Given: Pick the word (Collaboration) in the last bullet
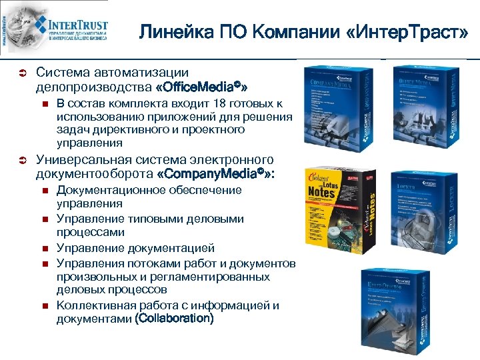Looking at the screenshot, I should [174, 319].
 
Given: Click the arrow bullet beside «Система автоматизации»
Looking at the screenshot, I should [21, 73].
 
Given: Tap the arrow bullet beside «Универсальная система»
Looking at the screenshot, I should [21, 161].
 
